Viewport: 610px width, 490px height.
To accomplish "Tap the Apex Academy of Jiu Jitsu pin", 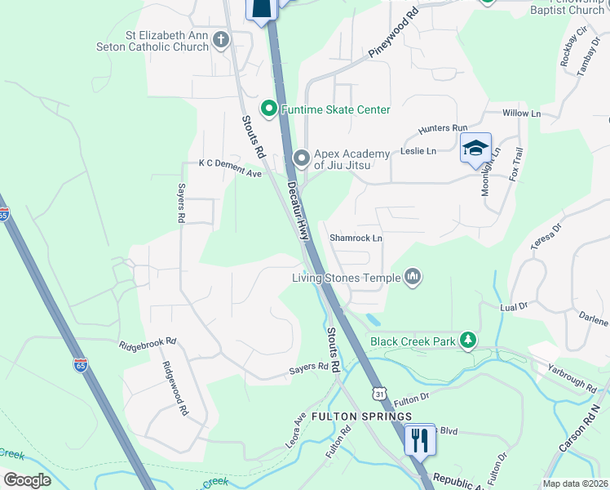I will [302, 156].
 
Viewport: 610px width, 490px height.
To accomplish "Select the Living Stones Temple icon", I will [413, 278].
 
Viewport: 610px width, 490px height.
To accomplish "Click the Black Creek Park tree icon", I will [467, 340].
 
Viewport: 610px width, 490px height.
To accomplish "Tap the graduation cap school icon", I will [475, 149].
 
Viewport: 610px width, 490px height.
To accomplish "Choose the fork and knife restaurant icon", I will [420, 439].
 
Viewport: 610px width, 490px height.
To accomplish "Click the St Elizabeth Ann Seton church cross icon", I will [220, 39].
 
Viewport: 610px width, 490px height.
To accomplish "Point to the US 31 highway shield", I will [379, 394].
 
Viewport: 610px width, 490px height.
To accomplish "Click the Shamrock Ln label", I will [356, 238].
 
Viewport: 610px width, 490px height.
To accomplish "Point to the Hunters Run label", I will [443, 128].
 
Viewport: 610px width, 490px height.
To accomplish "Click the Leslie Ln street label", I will [418, 151].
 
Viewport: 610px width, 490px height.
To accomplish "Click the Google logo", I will [27, 480].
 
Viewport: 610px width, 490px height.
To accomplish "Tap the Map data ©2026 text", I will [576, 483].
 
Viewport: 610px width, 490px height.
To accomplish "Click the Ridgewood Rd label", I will [175, 390].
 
